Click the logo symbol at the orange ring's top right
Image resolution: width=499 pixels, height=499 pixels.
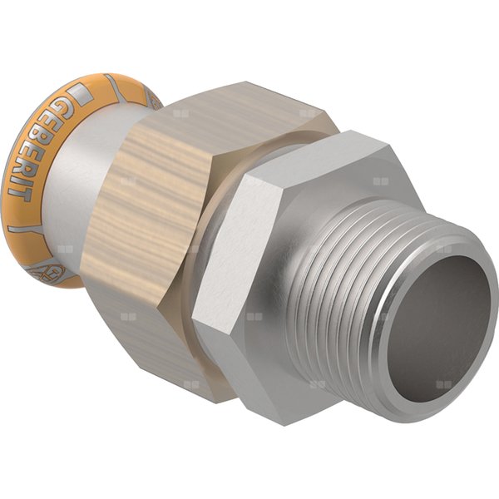(x=152, y=100)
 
